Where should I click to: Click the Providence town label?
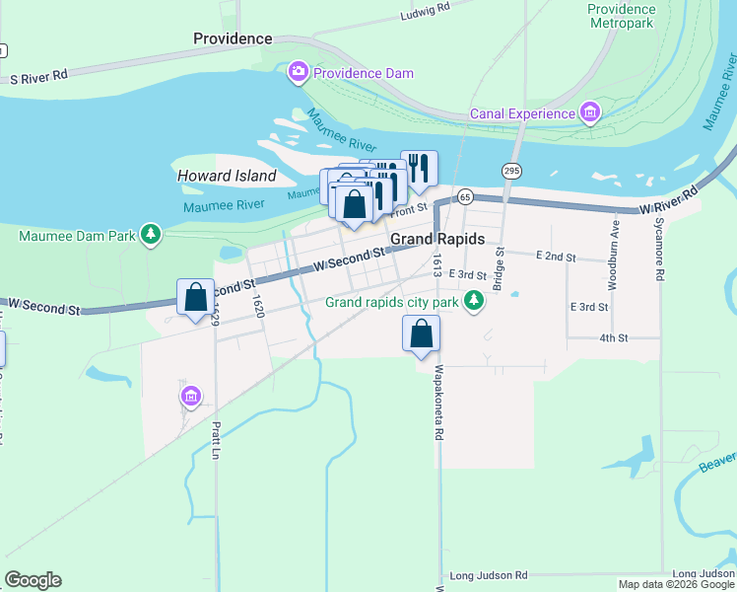(x=233, y=38)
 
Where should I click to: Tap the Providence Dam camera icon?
(x=299, y=72)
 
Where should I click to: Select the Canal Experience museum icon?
(x=590, y=112)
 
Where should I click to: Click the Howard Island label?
(x=227, y=176)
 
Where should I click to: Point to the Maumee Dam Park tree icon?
(x=151, y=234)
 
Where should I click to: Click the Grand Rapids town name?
(x=437, y=240)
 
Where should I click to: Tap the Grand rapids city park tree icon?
(x=474, y=301)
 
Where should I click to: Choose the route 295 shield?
(x=510, y=171)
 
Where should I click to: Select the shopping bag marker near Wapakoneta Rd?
(x=421, y=333)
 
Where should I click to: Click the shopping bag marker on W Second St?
(x=196, y=296)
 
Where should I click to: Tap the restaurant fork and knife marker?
(x=419, y=168)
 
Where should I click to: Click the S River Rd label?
(x=37, y=75)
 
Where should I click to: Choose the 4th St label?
(x=613, y=337)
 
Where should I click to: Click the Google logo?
(x=33, y=579)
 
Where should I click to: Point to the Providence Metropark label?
(x=621, y=15)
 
